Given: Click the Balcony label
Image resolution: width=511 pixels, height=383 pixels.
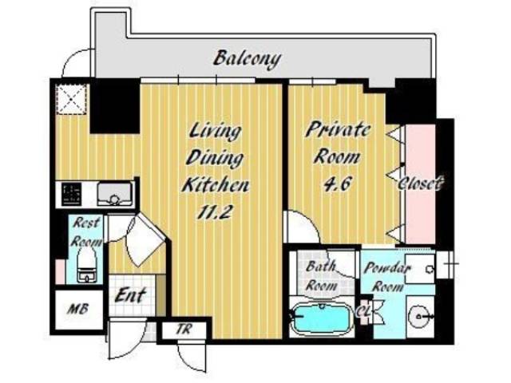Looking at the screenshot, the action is pos(247,59).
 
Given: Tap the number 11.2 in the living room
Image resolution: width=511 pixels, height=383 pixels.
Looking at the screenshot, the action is pos(215,213).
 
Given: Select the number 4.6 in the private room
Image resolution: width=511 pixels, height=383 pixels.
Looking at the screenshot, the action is pos(337,184).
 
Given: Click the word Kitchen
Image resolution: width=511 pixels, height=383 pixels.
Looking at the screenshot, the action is pos(215,185).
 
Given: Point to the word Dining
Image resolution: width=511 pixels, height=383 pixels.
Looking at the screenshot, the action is pos(215,158).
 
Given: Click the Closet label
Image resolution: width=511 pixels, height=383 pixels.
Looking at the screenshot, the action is pos(421,184).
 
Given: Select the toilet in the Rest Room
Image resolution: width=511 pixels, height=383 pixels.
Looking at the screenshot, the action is pos(85,264).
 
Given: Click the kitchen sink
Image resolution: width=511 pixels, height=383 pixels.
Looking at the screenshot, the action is pos(115,194).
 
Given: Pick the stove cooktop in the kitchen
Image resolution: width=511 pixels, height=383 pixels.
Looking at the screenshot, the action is pos(72,194).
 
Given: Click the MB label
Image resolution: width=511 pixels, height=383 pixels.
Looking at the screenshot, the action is pos(78,309).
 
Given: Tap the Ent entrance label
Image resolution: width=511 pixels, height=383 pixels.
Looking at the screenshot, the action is pos(129,296).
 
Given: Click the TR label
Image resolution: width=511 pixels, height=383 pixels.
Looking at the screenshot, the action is pos(184,330).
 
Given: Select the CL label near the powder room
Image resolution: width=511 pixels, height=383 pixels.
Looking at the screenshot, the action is pos(363,312).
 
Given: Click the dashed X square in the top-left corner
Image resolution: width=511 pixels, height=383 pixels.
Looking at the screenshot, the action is pos(72,99).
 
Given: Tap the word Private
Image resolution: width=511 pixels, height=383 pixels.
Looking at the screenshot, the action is pos(338,129).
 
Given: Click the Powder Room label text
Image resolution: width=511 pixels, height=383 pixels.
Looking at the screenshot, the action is pos(387,277).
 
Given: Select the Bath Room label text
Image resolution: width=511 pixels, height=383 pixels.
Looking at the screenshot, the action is pos(321,276).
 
